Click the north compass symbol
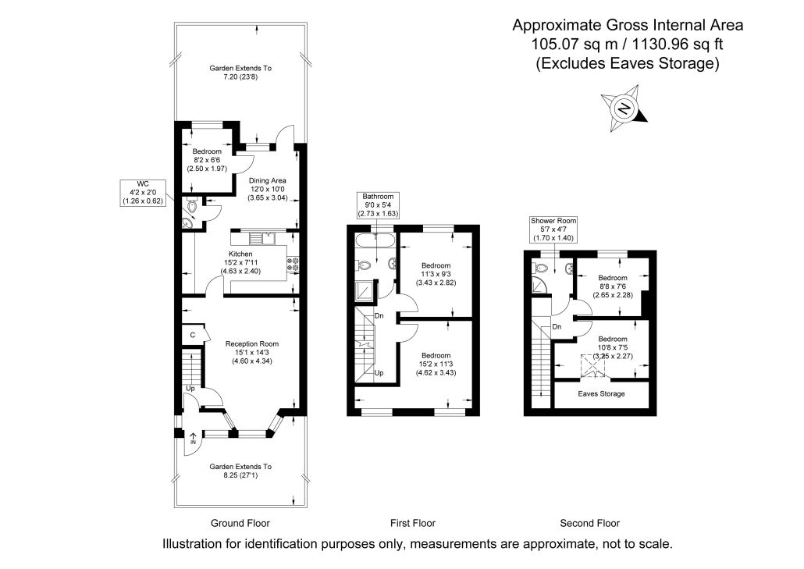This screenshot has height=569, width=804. (x=624, y=108)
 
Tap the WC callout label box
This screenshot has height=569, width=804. (x=143, y=193)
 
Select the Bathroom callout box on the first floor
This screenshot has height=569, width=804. (x=378, y=205)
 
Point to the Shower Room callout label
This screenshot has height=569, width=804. (x=553, y=229)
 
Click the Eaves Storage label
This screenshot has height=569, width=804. (x=601, y=393)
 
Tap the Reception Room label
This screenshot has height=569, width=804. (x=252, y=344)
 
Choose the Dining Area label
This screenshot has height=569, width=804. (x=267, y=180)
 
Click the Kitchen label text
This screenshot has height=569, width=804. (x=240, y=254)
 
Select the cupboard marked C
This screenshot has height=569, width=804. (x=194, y=335)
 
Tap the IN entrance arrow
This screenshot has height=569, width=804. (x=193, y=439)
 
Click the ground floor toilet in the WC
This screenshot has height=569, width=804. (x=191, y=206)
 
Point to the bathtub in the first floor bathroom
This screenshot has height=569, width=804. (x=375, y=240)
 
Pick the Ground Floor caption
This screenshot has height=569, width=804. (x=240, y=524)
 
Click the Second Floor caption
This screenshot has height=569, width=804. (x=589, y=524)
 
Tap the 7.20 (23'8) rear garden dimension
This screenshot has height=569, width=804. (x=240, y=77)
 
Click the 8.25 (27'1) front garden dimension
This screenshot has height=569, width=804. (x=240, y=475)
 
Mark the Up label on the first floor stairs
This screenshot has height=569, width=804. (x=379, y=372)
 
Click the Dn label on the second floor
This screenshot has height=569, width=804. (x=557, y=326)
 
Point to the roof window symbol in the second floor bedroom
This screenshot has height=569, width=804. (x=593, y=367)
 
